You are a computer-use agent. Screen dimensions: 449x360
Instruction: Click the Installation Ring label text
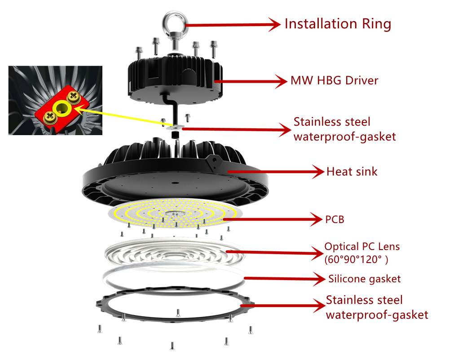click(338, 24)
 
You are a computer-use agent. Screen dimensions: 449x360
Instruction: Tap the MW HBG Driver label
click(335, 80)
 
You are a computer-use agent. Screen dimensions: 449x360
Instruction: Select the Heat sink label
click(352, 171)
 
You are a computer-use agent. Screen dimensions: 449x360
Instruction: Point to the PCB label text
click(335, 220)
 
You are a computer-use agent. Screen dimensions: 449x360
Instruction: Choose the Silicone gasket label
click(365, 279)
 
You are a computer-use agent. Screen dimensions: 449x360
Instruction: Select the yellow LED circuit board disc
click(175, 213)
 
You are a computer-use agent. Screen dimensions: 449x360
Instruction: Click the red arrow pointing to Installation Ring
click(233, 25)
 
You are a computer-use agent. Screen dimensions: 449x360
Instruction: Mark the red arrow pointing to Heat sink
click(276, 172)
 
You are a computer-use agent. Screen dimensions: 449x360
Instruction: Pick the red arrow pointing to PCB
click(273, 220)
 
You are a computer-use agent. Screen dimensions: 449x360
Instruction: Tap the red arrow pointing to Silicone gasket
click(285, 278)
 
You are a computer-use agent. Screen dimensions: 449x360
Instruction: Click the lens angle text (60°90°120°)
click(356, 259)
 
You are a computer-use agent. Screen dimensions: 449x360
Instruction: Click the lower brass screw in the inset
click(50, 117)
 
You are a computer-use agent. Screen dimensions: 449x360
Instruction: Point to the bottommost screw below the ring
click(172, 346)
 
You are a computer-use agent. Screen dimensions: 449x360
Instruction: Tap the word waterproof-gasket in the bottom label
click(377, 315)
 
